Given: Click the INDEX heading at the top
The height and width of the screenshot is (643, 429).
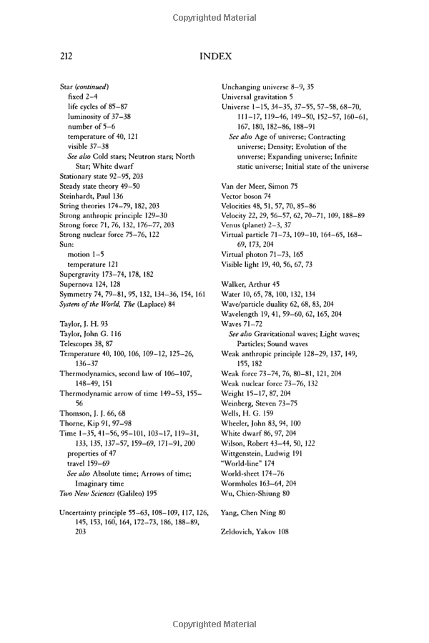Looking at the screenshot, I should point(214,55).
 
